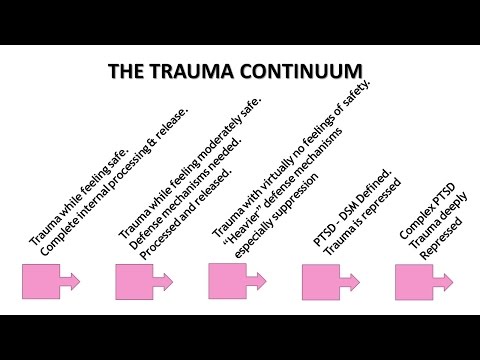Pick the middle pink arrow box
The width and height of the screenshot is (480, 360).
coord(233,282)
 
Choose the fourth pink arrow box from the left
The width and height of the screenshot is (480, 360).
coord(326,282)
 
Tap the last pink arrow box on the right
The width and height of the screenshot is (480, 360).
coord(419,282)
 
